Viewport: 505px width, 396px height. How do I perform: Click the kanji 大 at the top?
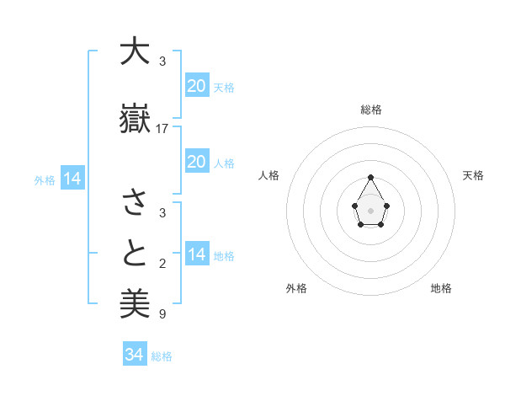[134, 52]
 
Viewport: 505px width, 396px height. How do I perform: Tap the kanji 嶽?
[134, 119]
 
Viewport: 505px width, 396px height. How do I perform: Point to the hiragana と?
[134, 253]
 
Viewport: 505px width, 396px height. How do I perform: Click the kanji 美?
[134, 303]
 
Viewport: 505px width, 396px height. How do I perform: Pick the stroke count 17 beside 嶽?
[162, 129]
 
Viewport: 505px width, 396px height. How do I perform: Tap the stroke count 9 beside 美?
[162, 314]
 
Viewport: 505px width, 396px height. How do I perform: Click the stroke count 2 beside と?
[162, 264]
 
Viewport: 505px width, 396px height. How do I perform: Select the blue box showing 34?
[136, 355]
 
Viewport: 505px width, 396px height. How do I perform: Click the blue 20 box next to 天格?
[197, 85]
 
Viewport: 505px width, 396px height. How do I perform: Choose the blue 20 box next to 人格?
[197, 161]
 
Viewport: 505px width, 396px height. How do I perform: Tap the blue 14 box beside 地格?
[197, 254]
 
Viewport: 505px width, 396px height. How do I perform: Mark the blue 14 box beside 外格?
[72, 179]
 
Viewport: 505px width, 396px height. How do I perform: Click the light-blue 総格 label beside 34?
[162, 356]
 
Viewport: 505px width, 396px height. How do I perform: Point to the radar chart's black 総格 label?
[371, 110]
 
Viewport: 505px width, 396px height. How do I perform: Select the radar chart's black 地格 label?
[441, 288]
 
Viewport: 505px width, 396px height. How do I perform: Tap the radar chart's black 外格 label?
[296, 288]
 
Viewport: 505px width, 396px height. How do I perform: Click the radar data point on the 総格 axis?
[371, 177]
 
